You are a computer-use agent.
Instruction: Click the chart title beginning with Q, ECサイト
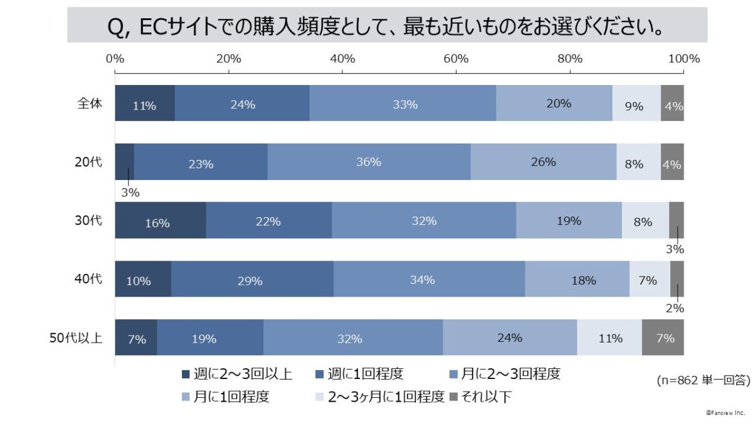coord(387,27)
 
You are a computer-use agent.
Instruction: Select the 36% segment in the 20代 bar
coord(369,162)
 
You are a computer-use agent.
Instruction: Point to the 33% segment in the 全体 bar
coord(403,103)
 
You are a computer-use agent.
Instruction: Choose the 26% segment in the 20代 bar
coord(543,162)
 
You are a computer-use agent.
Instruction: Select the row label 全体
coord(89,103)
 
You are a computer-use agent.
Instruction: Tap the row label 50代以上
coord(76,337)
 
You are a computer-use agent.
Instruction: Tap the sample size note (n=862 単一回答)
coord(702,380)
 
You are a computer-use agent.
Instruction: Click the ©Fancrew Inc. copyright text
coord(726,412)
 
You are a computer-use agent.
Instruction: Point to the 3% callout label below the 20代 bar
coord(130,193)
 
